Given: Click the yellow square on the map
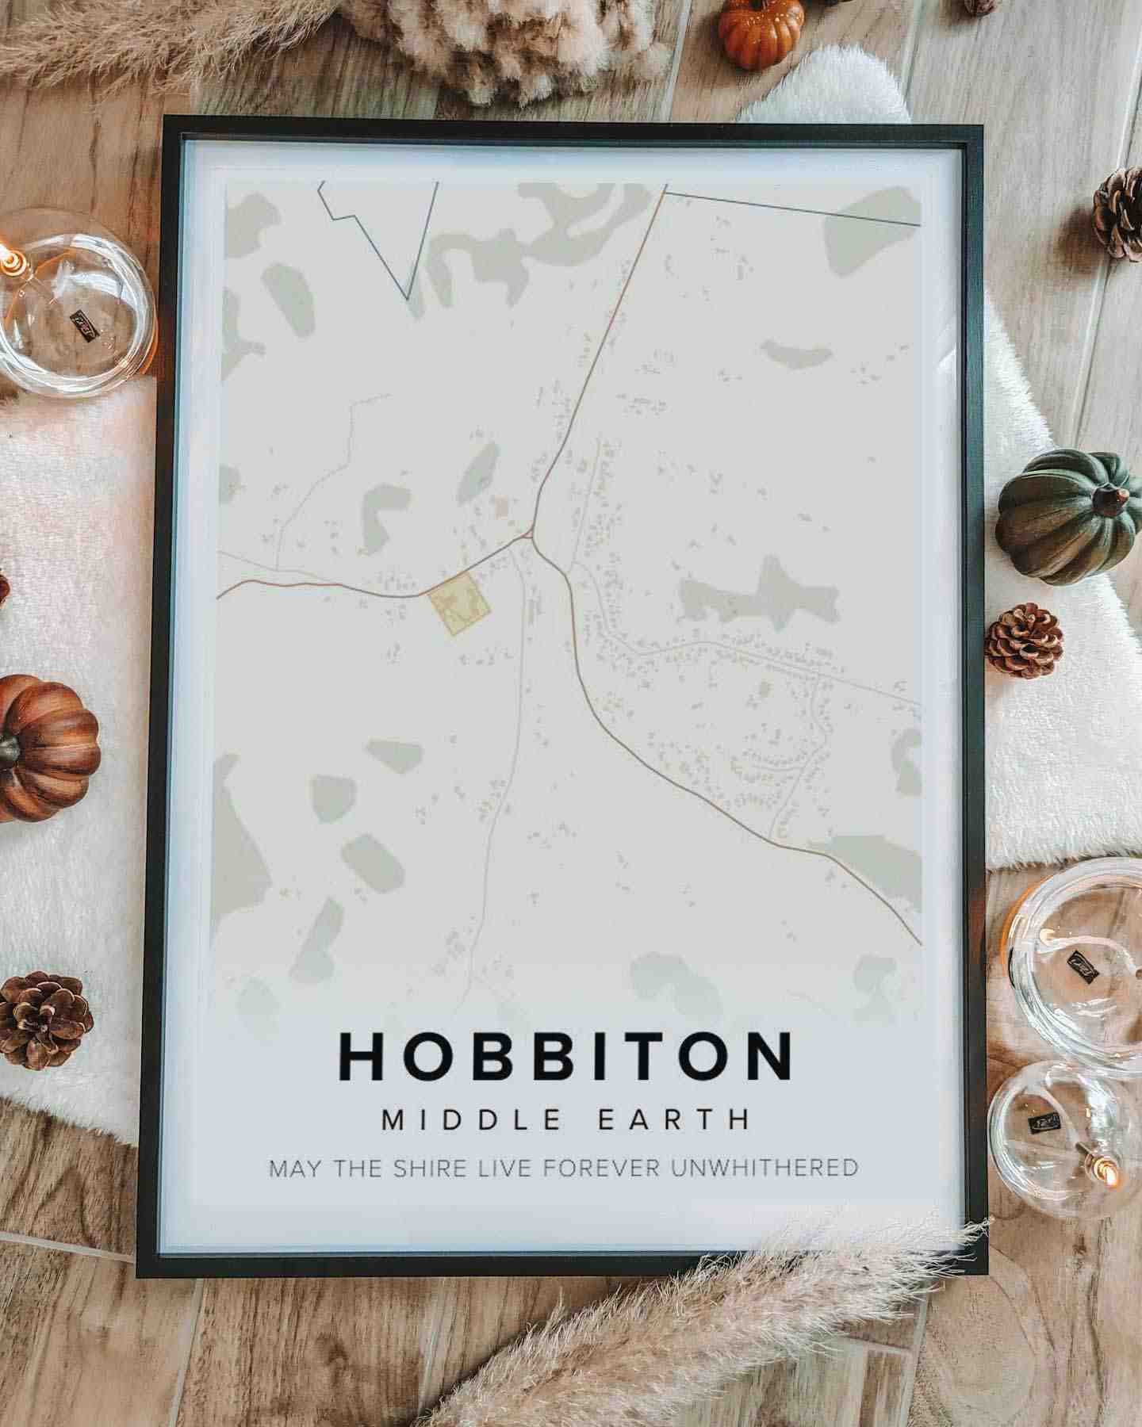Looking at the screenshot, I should pyautogui.click(x=459, y=605).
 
